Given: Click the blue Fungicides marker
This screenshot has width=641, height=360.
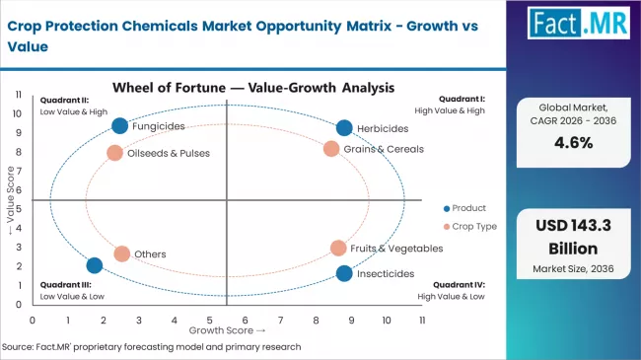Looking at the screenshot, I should click(120, 125).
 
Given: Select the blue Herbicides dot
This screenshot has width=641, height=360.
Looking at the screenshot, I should click(343, 128).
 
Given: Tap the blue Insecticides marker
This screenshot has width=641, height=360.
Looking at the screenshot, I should click(343, 273).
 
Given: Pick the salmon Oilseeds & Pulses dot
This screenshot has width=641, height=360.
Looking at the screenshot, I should click(114, 153).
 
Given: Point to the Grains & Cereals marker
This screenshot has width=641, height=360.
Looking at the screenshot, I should click(331, 149).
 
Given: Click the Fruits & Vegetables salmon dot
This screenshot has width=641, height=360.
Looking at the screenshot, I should click(338, 249).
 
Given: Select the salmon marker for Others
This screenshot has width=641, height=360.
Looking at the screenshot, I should click(121, 253).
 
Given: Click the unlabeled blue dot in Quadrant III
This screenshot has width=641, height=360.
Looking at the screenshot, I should click(95, 265).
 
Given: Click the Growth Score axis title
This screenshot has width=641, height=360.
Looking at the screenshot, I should click(226, 330).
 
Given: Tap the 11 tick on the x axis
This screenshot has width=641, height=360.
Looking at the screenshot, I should click(422, 320).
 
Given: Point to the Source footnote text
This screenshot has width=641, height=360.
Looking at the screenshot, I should click(153, 347).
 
